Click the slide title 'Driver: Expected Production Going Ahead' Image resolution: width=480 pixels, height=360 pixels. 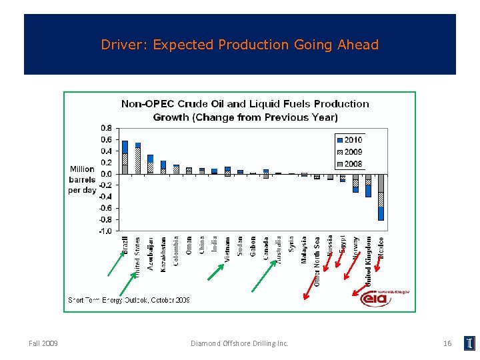coord(239,45)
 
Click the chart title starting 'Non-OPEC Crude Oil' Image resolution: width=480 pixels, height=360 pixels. coord(245,111)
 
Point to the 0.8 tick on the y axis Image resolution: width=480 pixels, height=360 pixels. coord(105,128)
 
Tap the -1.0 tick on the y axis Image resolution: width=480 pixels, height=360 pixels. coord(105,231)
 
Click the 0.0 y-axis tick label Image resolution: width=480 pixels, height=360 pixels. coord(105,174)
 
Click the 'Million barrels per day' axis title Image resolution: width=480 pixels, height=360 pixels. coord(83,179)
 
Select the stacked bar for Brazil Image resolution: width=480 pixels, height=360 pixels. coord(125,157)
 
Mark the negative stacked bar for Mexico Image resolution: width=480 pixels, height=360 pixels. coord(381,197)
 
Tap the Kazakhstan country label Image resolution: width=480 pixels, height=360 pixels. coord(163,254)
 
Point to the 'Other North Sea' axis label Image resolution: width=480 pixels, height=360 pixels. coord(317,261)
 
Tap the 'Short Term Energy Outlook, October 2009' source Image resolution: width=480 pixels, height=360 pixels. coord(129,300)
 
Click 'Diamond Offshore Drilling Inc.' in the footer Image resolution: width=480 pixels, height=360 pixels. coord(239,343)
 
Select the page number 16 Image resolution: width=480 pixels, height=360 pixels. coord(447,343)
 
